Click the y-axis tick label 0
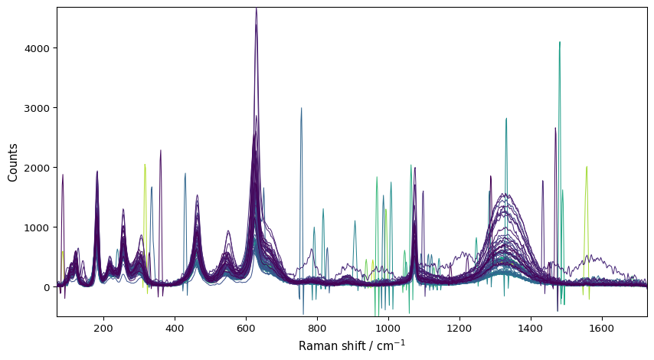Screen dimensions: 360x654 click(46, 287)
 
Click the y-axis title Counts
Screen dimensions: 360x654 click(13, 162)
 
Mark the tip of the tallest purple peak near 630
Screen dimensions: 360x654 click(256, 8)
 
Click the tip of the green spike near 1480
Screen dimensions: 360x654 click(560, 42)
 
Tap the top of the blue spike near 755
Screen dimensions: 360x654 click(301, 108)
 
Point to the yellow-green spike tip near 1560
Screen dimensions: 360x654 click(587, 167)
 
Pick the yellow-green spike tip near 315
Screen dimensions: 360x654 click(145, 164)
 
